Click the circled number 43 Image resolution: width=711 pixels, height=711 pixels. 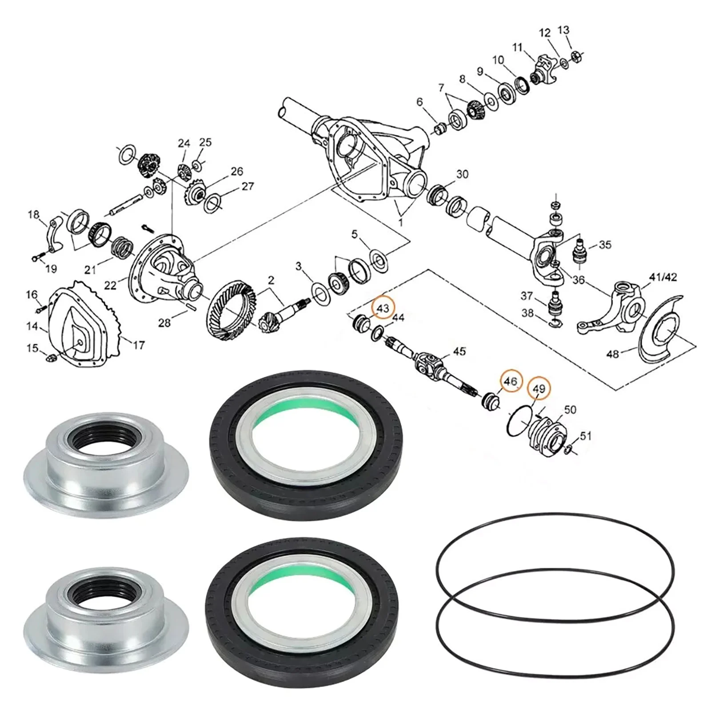click(x=383, y=308)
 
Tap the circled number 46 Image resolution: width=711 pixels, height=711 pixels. click(x=510, y=381)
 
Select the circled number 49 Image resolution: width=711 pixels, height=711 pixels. click(x=539, y=389)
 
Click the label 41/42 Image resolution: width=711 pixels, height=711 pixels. click(x=663, y=277)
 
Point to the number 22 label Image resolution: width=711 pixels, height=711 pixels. click(x=110, y=286)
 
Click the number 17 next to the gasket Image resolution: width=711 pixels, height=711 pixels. click(x=139, y=345)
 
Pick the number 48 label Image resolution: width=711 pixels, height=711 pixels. click(x=612, y=354)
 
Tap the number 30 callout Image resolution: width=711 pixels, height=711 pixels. click(x=462, y=174)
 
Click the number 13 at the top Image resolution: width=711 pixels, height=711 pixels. click(x=563, y=30)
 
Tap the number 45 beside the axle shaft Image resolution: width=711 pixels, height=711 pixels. click(x=459, y=352)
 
